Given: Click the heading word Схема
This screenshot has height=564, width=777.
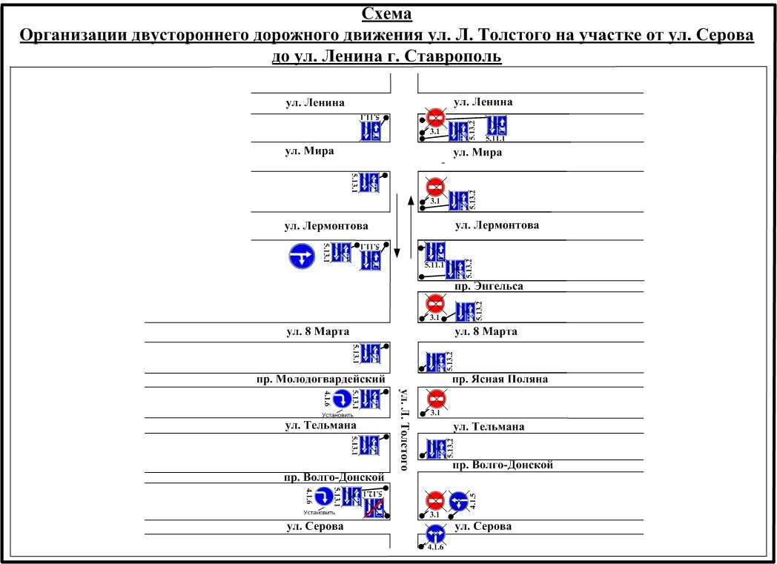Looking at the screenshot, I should pos(386,14).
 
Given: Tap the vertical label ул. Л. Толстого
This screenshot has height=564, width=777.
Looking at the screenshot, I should pos(404,429).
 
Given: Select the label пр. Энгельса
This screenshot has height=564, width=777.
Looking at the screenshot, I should pos(489,285).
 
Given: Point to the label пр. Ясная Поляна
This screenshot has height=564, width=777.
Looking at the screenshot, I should pos(500,379).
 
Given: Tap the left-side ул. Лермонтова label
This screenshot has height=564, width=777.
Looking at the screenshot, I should pos(326,225).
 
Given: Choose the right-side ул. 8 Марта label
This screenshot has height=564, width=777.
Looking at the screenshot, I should pos(486,331).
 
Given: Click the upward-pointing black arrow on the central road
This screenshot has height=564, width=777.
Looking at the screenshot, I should pos(410,222).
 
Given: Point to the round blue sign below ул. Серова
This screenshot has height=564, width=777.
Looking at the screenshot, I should pos(435,534).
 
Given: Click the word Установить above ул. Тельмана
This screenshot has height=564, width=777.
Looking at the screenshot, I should pos(332,415).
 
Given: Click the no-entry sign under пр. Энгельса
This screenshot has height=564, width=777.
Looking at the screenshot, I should pos(436,303).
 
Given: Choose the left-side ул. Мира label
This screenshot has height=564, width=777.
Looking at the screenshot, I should pos(310,151).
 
